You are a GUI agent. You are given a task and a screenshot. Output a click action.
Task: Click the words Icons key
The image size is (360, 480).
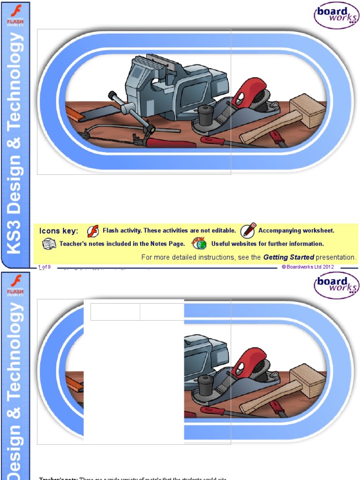59,231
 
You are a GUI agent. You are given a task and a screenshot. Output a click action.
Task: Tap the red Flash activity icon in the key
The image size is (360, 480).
93,231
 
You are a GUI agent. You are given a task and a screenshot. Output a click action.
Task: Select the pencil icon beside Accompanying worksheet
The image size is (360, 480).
248,230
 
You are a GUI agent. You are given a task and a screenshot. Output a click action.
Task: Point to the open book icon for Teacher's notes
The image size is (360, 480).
49,244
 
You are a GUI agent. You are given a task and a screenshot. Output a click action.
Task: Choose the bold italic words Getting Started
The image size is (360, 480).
288,257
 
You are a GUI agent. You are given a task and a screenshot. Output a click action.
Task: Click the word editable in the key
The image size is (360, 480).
223,231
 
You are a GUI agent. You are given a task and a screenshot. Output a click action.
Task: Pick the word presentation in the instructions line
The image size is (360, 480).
336,257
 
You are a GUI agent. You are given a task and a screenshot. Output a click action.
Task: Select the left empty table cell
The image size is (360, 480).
115,312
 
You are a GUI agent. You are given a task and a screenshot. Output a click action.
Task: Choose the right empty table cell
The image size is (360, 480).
162,312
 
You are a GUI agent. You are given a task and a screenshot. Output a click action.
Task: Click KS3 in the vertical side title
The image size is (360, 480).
15,236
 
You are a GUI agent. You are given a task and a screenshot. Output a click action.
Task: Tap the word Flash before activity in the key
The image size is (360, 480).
111,231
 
